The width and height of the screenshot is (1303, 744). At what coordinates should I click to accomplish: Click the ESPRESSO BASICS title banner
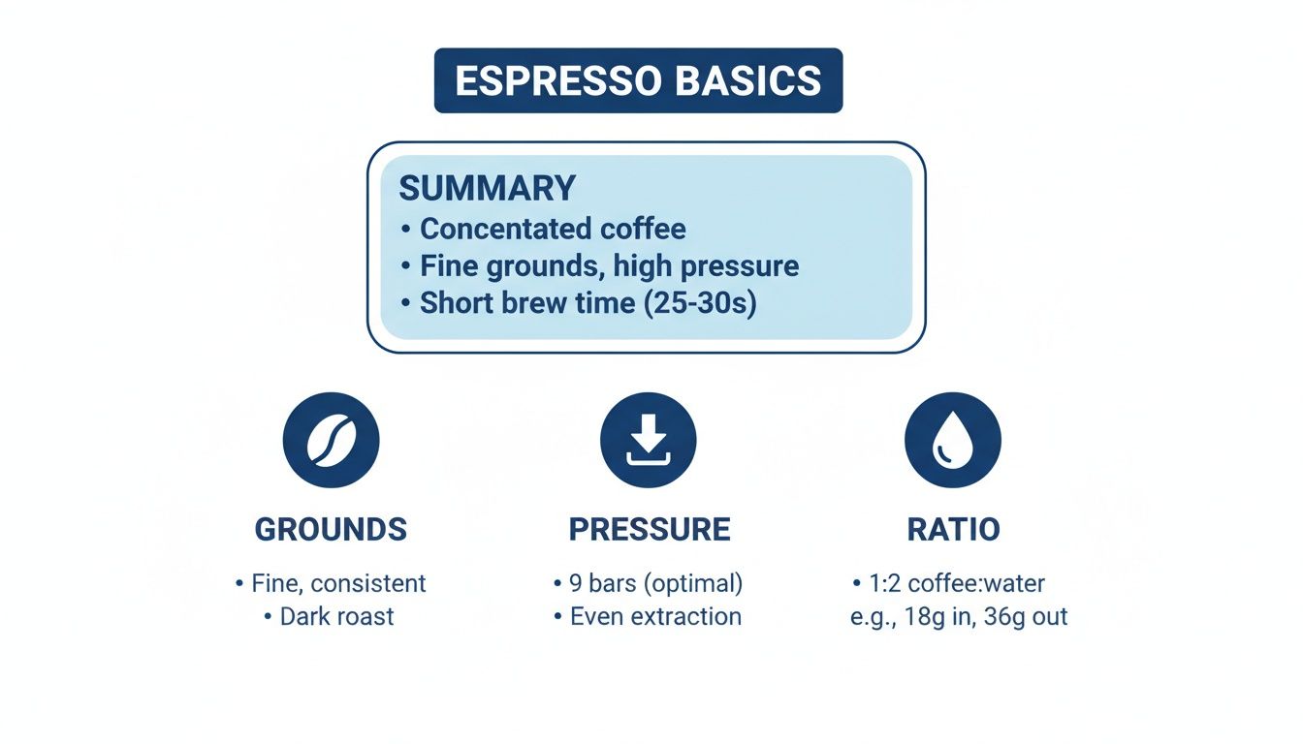click(x=638, y=80)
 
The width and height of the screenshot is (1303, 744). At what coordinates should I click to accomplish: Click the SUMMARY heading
click(x=487, y=188)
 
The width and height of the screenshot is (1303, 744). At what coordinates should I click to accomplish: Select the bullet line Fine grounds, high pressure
click(x=609, y=265)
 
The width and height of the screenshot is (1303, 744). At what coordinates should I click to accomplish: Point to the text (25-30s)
click(x=699, y=302)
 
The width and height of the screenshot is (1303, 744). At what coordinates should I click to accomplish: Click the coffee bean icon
click(x=331, y=440)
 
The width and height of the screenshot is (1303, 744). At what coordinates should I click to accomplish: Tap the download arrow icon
click(x=648, y=440)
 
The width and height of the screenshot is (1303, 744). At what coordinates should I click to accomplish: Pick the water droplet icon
click(x=952, y=440)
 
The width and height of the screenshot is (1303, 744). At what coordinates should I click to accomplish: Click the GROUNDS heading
click(x=331, y=529)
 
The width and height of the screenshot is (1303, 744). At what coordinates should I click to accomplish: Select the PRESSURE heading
click(x=650, y=529)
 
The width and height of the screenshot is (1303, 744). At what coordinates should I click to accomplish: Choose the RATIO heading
click(x=953, y=529)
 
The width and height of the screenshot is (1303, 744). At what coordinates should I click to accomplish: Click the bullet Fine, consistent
click(x=338, y=584)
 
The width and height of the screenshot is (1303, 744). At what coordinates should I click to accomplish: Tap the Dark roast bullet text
click(x=336, y=617)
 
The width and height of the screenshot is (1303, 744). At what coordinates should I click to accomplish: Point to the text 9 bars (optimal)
click(x=656, y=584)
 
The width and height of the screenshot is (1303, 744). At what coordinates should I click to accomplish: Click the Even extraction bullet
click(x=655, y=617)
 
